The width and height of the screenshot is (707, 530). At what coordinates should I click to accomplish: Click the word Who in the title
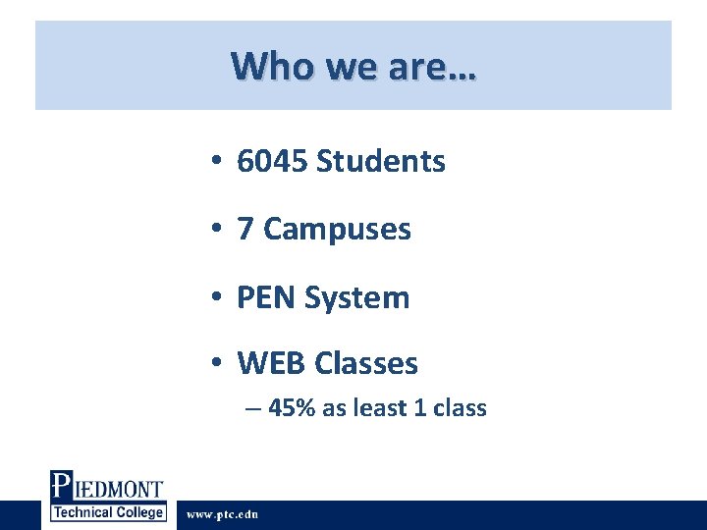click(x=262, y=67)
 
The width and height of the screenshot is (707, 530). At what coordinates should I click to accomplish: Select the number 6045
click(x=272, y=161)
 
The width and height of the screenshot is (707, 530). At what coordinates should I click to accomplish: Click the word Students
click(x=381, y=161)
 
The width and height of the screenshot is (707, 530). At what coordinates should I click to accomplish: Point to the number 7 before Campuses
click(x=245, y=229)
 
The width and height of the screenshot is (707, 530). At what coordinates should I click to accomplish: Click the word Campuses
click(x=337, y=229)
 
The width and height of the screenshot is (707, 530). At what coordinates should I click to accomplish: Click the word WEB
click(x=272, y=363)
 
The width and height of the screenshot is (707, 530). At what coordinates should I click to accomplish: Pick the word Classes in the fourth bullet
click(x=366, y=363)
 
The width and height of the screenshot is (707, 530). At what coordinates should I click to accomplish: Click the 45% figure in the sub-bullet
click(x=292, y=408)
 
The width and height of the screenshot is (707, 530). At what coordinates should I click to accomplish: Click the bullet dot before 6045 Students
click(x=215, y=161)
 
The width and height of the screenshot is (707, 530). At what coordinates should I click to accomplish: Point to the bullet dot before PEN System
click(x=215, y=296)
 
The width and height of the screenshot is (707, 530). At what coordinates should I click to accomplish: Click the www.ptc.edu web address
click(x=223, y=514)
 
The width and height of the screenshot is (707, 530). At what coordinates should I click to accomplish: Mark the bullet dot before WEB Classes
click(x=215, y=363)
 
